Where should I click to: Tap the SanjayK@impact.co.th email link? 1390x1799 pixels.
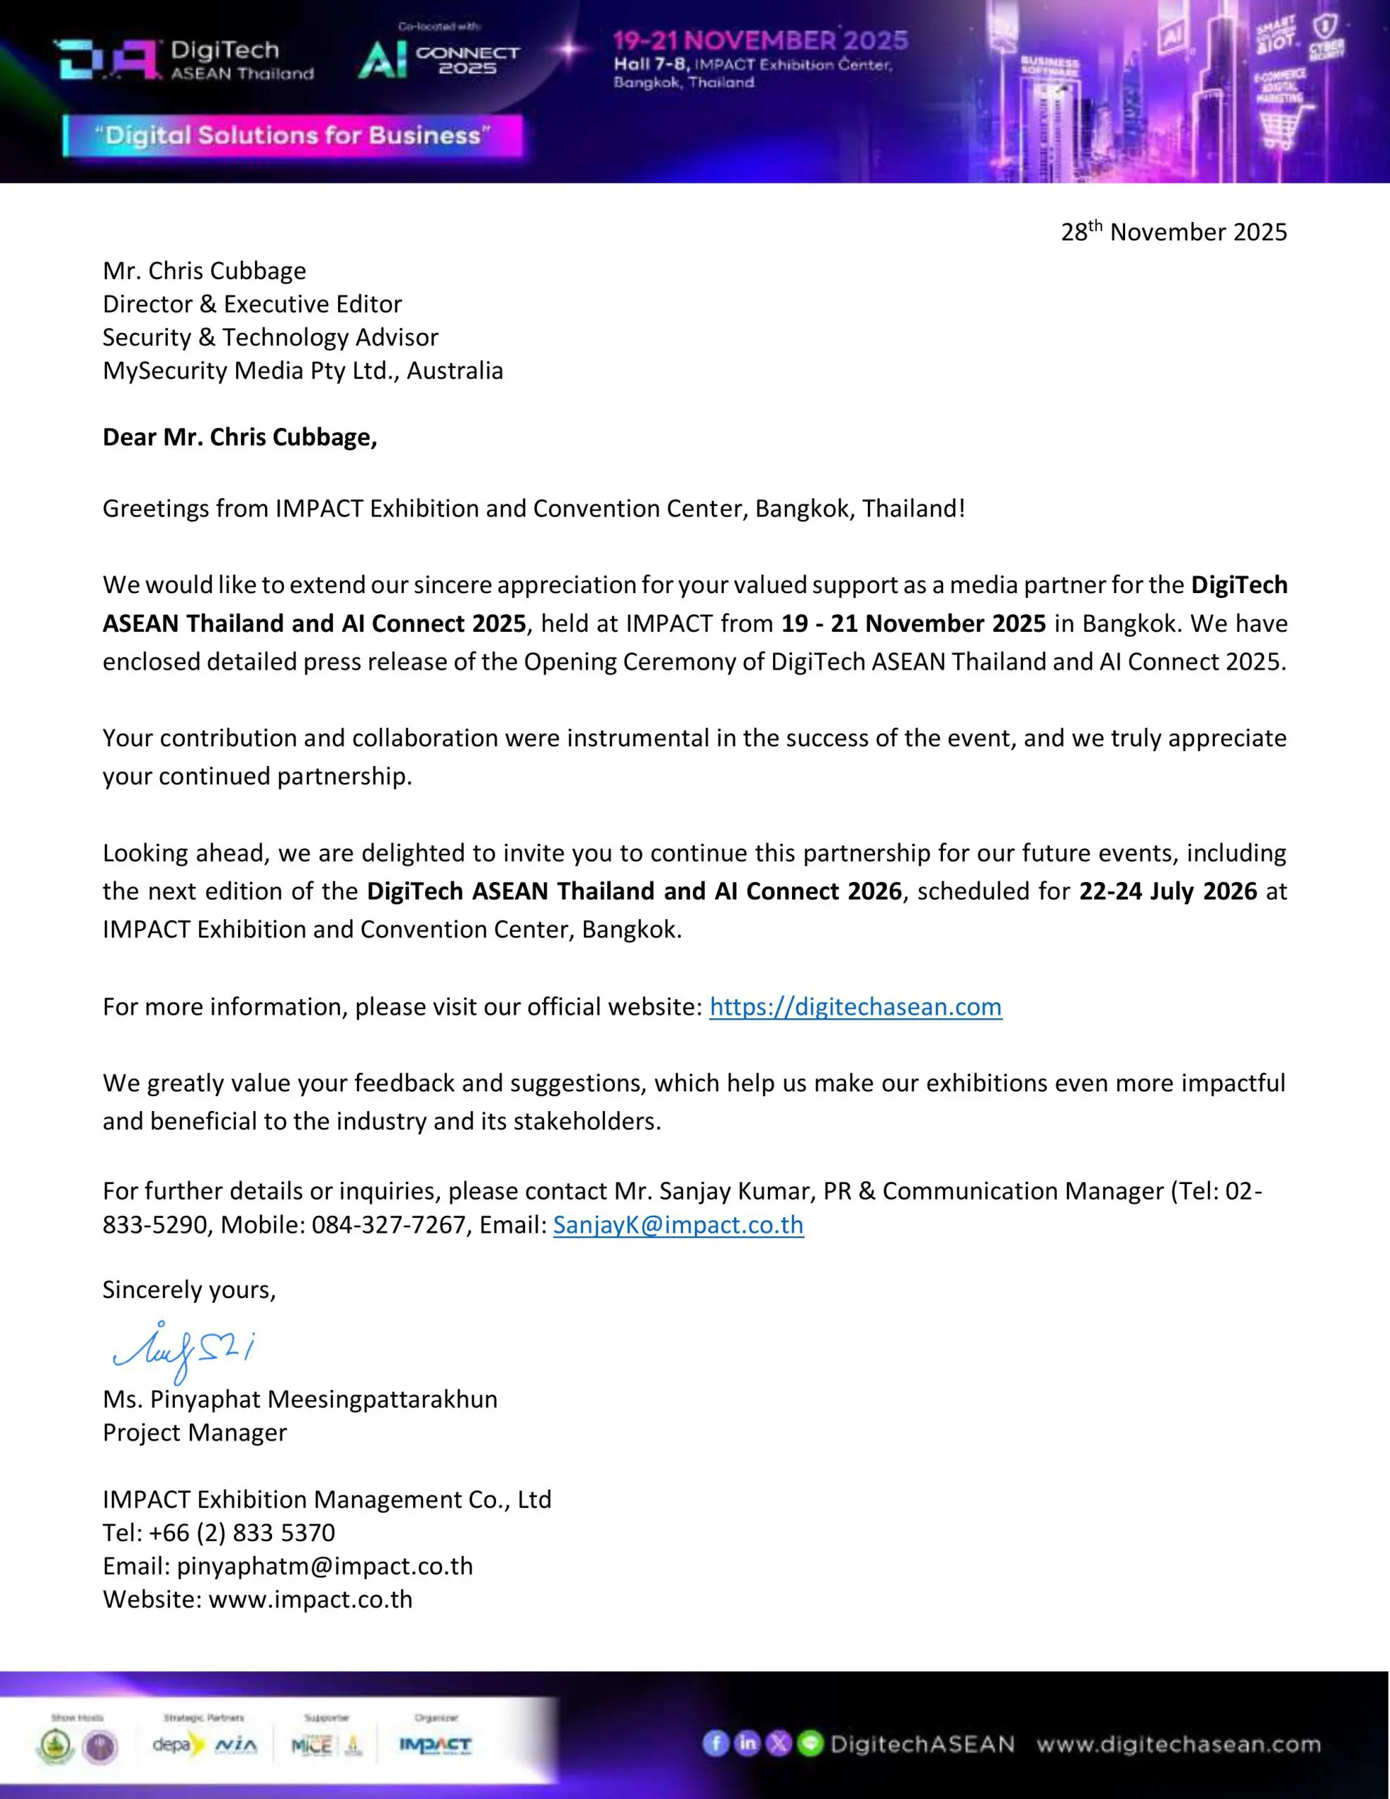678,1225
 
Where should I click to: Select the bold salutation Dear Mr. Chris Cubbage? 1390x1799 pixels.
240,436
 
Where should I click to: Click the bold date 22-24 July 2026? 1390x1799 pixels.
1167,890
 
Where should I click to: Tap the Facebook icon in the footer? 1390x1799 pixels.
715,1743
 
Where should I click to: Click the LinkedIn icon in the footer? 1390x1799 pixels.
746,1743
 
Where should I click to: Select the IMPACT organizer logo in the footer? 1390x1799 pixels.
435,1745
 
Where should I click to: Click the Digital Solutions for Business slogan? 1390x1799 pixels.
292,136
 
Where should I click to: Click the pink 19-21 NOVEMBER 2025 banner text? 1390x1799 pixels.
760,40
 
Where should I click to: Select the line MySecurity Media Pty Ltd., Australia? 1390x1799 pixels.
302,370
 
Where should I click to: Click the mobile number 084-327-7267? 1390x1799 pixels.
388,1225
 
